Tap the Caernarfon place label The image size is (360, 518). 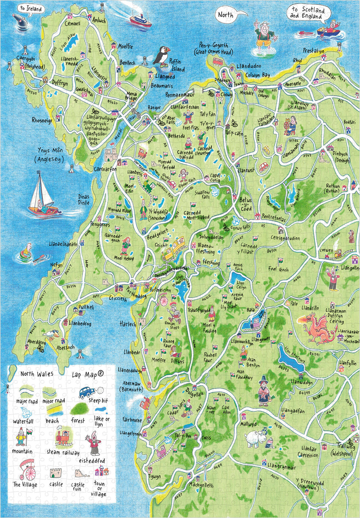(x=105, y=170)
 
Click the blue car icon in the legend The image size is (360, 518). (x=87, y=392)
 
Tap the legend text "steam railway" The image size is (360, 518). (x=63, y=452)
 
